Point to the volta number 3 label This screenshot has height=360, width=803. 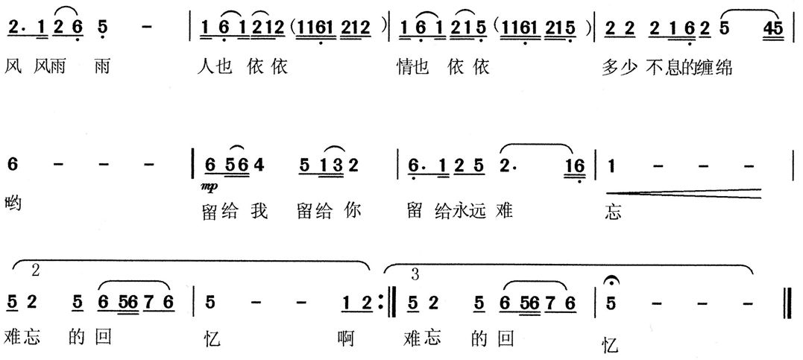(415, 275)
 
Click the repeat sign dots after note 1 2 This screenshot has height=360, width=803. (380, 303)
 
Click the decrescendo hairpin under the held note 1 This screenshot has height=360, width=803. (684, 193)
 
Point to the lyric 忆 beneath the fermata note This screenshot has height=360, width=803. (611, 346)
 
